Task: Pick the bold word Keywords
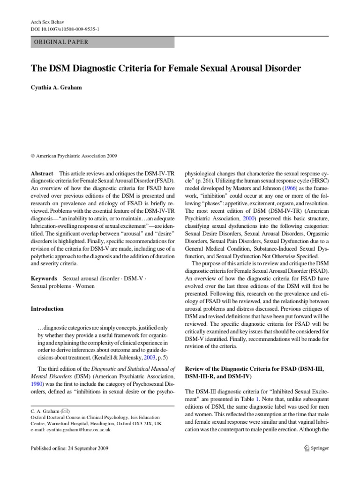[x=44, y=278]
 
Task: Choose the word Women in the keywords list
[x=85, y=286]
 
